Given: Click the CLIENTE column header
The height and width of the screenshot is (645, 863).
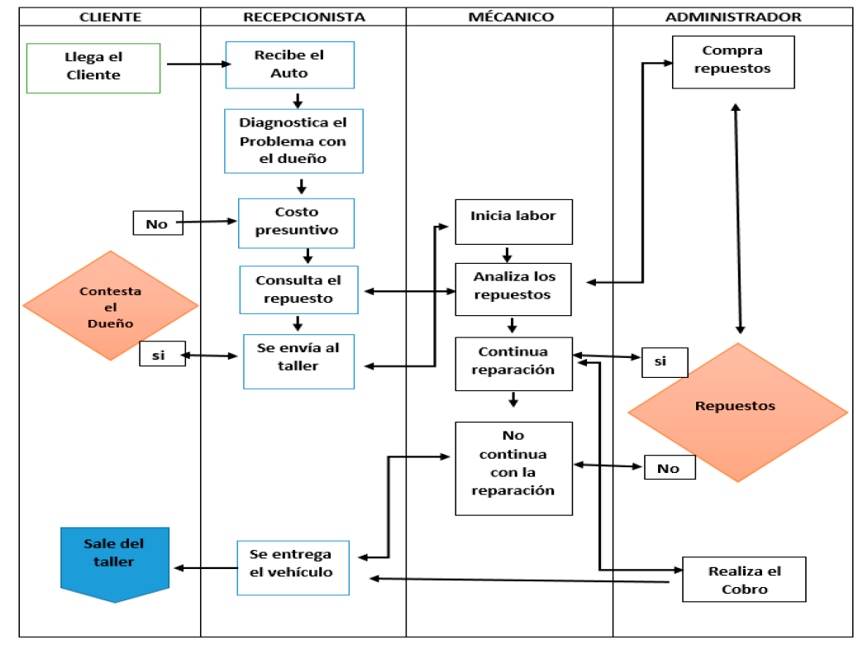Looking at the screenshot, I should (x=109, y=17).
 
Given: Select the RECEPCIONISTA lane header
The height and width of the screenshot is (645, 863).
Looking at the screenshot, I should (x=303, y=17).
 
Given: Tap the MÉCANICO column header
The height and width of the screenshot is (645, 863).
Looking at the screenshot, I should (x=509, y=17).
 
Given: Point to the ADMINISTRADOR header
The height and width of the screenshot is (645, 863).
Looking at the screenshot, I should (x=733, y=17).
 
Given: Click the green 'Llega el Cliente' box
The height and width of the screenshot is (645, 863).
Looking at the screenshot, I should (x=93, y=67).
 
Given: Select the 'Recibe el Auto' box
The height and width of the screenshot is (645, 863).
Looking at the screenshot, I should (x=290, y=64).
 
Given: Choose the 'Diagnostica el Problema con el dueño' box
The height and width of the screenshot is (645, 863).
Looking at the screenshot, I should (x=293, y=141).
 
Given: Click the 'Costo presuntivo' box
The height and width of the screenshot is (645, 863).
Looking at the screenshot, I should (x=296, y=222).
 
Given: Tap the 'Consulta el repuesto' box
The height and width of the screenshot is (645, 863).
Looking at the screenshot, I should (x=298, y=289).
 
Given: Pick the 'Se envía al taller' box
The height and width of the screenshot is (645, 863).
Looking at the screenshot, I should (x=298, y=361).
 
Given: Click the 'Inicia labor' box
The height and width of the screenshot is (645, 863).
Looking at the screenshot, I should (x=513, y=221).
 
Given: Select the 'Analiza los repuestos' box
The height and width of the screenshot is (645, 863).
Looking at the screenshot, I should (x=513, y=289).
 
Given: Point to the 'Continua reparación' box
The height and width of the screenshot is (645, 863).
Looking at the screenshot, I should (x=513, y=364).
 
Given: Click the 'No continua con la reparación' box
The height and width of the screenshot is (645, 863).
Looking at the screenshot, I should (x=513, y=468).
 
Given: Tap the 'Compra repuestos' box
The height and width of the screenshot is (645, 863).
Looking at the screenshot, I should (x=732, y=62).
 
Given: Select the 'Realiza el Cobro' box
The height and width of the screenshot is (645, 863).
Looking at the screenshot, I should (x=744, y=580).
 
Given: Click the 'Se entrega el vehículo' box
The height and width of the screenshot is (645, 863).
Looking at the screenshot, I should (x=293, y=567).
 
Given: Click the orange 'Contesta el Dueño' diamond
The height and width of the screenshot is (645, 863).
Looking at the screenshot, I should (x=110, y=306).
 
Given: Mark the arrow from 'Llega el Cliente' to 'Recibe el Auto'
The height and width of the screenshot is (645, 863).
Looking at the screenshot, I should (x=198, y=64).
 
